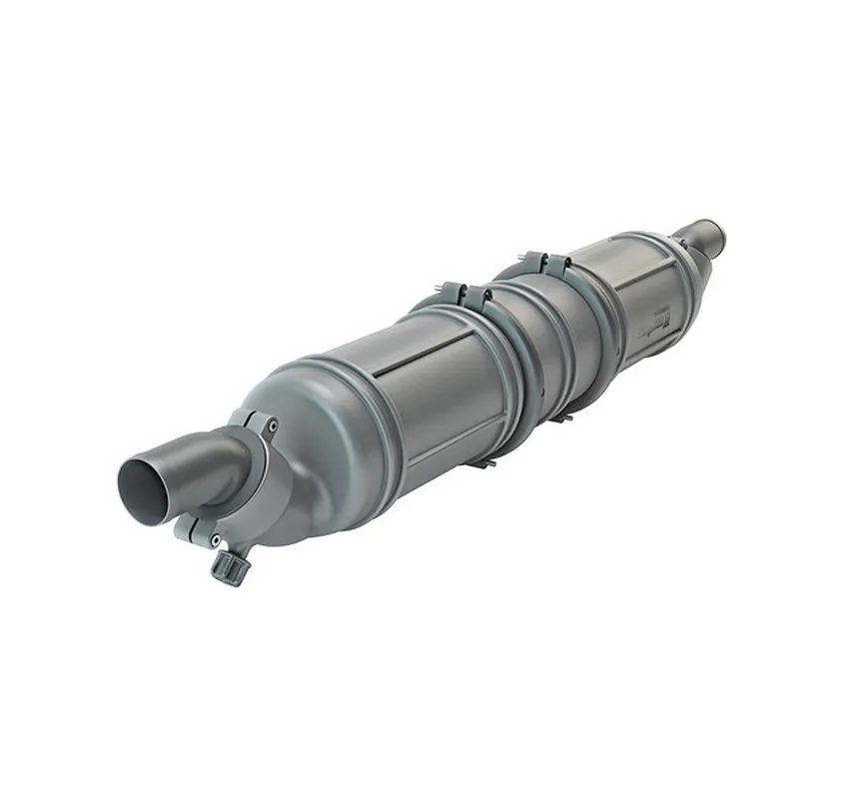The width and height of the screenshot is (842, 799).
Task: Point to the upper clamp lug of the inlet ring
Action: (259, 423)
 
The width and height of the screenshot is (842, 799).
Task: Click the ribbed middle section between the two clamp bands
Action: (549, 340)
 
